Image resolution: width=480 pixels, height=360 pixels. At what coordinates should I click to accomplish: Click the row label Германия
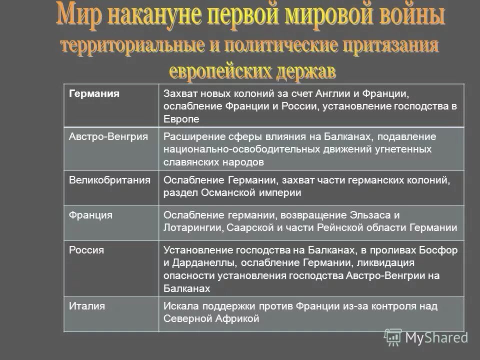pyautogui.click(x=94, y=94)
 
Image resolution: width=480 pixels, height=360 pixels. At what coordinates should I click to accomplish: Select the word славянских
pyautogui.click(x=188, y=162)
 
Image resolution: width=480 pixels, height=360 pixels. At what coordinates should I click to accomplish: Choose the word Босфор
pyautogui.click(x=440, y=250)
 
